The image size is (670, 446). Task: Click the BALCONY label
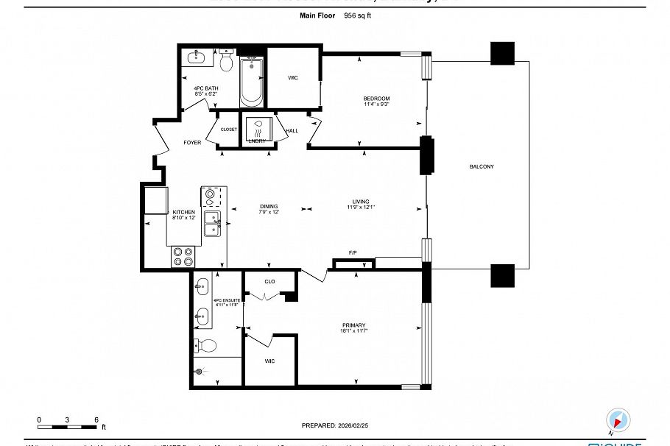click(482, 167)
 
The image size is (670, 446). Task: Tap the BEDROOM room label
click(376, 99)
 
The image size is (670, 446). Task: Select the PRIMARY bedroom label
click(353, 325)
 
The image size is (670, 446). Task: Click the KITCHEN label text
click(183, 212)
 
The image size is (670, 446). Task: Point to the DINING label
click(268, 206)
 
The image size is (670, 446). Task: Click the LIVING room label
click(360, 202)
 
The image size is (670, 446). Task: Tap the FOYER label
click(192, 143)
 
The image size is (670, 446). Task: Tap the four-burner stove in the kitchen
click(182, 257)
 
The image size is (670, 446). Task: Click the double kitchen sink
click(212, 224)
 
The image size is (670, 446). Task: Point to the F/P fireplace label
click(353, 253)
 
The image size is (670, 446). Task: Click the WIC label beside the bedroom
click(292, 77)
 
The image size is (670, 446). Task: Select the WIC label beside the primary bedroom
click(269, 361)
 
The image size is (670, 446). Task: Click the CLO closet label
click(269, 281)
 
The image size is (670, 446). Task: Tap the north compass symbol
click(618, 420)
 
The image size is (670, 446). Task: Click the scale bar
click(67, 426)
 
